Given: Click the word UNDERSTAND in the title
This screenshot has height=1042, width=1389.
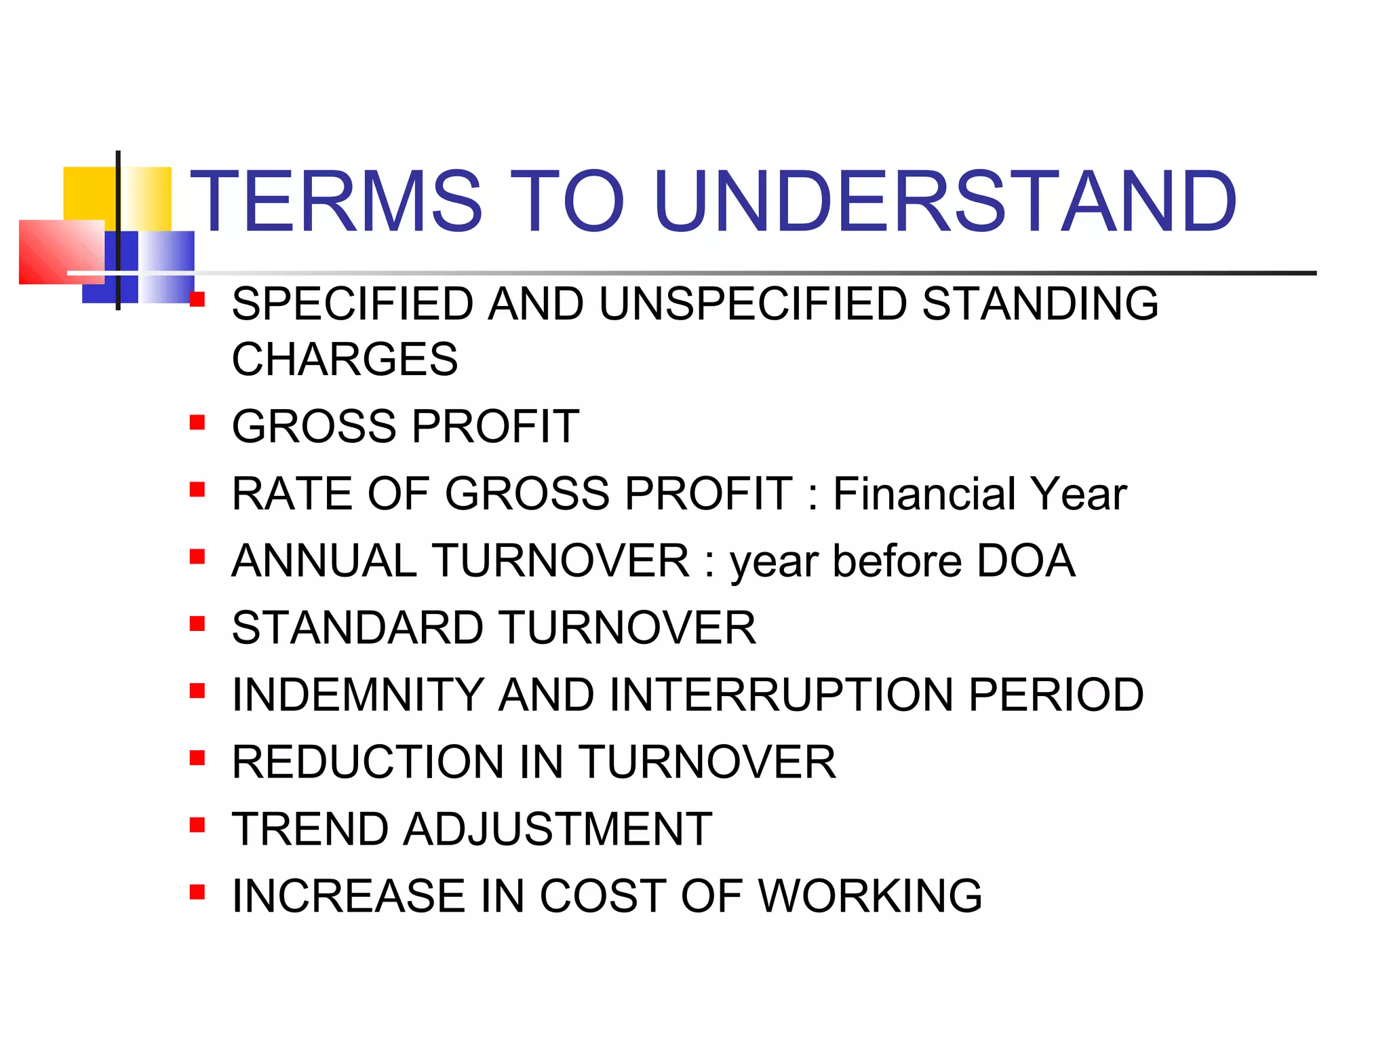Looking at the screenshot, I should point(945,201).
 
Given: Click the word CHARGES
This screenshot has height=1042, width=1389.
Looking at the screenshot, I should point(345,360).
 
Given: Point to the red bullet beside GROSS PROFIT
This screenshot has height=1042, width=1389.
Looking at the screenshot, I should point(197,423).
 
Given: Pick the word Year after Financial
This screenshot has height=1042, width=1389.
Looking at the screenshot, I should point(1078,493).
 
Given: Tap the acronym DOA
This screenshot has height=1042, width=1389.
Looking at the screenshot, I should point(1025,561).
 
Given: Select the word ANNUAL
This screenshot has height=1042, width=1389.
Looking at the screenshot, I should point(324,561).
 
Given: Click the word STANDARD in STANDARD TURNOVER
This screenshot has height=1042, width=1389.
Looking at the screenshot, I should point(357,628).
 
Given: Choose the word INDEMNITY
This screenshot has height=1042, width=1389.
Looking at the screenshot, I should point(357,695).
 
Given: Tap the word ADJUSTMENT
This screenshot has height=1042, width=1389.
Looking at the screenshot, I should point(557,829).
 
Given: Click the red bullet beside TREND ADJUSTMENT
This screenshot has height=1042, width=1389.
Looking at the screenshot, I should point(197,825).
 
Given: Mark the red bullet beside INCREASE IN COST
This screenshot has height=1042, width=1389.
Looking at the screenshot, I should point(197,891).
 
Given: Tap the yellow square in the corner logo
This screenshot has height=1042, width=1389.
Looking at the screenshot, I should point(88,193).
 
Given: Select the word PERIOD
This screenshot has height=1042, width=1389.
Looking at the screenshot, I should point(1056,695).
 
